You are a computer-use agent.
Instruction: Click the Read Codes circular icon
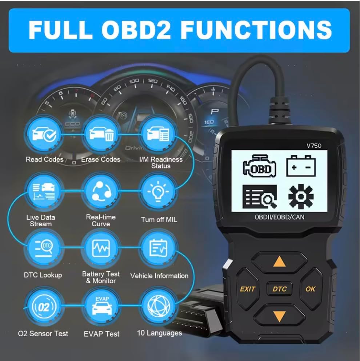44,134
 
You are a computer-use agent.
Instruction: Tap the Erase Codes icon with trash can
101,134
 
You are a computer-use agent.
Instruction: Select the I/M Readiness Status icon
158,134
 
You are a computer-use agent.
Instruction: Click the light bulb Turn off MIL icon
158,191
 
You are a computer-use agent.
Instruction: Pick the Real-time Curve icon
101,191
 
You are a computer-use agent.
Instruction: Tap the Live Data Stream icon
44,191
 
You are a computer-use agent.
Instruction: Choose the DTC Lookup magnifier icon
44,248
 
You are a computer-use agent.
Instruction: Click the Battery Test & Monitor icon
101,248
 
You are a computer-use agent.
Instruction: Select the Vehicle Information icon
158,248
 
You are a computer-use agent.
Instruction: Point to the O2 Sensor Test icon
44,306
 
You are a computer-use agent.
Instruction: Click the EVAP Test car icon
101,306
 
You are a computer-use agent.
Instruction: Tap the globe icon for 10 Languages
158,306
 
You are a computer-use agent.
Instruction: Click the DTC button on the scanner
279,289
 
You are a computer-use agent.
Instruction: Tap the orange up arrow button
279,262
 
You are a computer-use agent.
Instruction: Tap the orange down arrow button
279,316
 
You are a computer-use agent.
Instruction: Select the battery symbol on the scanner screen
301,166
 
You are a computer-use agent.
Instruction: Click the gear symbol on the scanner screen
301,196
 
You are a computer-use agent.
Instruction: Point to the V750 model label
314,146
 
